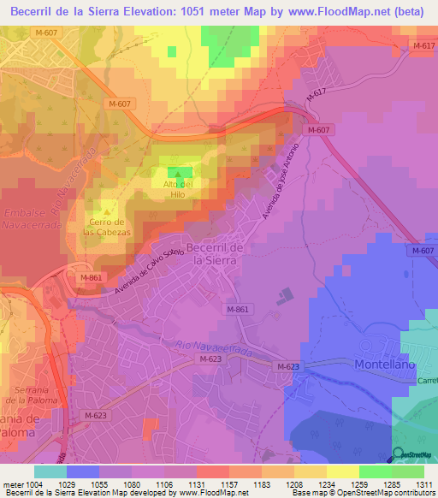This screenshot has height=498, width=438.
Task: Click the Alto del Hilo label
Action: [x=179, y=189]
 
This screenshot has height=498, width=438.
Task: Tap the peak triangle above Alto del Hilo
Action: [x=179, y=174]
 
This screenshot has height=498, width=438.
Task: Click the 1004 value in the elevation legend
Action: [x=33, y=483]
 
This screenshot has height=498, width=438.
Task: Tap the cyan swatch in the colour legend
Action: [x=50, y=471]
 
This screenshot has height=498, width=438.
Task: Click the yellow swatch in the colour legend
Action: [x=342, y=471]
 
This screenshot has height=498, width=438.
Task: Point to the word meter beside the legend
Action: [x=12, y=483]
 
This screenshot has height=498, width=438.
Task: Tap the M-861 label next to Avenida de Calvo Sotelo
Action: [x=91, y=278]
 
